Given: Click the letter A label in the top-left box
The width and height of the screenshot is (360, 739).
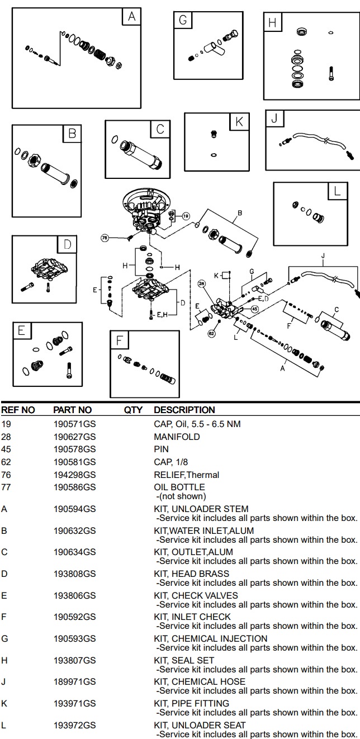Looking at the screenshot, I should coord(131,17).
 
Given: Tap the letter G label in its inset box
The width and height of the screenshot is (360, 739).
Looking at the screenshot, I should coord(183,21).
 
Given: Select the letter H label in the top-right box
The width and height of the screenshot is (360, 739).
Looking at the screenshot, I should coord(272,23).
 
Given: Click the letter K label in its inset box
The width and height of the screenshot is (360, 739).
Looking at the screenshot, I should coord(239,121).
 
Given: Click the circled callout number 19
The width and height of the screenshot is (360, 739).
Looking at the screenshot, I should coord(186,216).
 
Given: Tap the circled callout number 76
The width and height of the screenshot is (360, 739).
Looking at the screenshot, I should coord(105,238).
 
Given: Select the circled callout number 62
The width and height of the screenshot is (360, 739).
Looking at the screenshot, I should coord(211,334).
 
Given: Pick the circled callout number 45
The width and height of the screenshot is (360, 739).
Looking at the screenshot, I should coord(255,309).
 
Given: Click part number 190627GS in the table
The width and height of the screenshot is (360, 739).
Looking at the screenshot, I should coord(74,437).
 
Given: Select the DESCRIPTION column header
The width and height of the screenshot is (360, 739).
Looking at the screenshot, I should coord(184,410).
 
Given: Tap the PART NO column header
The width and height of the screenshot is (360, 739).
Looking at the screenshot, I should coord(72,410).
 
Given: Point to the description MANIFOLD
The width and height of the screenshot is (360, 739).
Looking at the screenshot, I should coord(177,437).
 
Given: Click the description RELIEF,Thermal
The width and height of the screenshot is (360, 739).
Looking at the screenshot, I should coord(186,475).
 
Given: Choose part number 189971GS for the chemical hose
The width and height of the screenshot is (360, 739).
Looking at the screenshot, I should coord(74,681).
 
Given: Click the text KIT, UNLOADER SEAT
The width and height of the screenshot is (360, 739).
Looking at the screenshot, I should coord(200,725).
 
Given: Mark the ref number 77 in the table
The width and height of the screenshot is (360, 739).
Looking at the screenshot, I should coord(6,487).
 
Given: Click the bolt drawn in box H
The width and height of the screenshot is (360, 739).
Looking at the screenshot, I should coord(331,73).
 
